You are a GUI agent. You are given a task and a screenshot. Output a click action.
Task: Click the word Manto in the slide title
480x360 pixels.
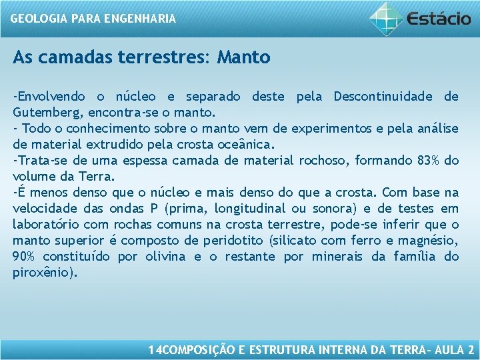243,57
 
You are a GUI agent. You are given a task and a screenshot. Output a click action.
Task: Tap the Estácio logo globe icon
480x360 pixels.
386,18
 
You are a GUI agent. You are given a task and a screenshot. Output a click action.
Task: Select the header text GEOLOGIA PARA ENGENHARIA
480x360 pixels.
93,19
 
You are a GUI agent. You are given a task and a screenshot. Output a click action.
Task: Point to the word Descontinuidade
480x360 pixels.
385,97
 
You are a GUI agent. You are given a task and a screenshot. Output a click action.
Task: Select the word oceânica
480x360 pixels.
247,145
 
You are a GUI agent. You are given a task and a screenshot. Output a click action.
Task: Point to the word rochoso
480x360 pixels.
322,161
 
